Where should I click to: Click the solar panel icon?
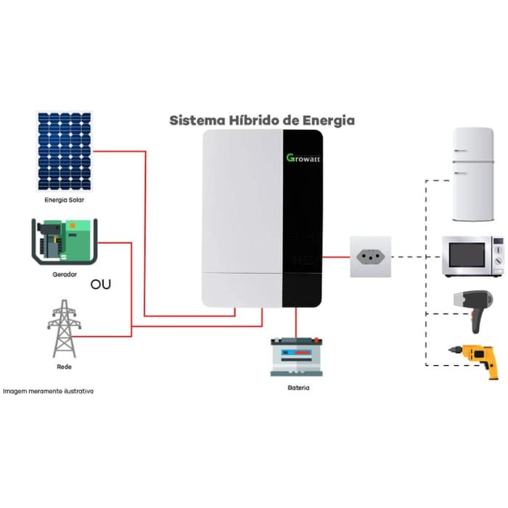65,150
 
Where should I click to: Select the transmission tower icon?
64,328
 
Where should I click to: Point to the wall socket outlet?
371,257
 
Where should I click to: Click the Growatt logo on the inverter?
303,157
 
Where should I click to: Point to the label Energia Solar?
65,199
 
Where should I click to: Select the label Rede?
64,367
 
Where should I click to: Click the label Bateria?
298,388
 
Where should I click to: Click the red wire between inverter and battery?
297,322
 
